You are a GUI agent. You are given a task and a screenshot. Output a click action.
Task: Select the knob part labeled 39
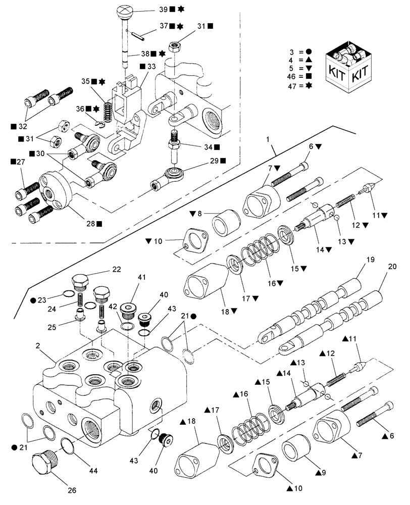124,11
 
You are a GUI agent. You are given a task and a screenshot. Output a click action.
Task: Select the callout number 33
151,66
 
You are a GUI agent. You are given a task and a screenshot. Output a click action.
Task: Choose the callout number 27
19,162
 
